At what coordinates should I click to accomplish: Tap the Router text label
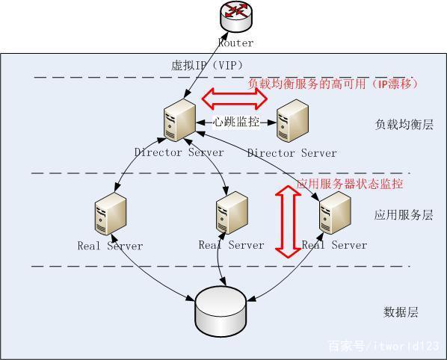point(235,43)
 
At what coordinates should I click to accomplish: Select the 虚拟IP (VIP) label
point(207,66)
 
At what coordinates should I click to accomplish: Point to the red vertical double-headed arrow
point(286,221)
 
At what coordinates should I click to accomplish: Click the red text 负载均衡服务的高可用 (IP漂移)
point(333,84)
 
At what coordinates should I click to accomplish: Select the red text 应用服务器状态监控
point(350,184)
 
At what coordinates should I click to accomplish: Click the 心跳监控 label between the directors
point(236,122)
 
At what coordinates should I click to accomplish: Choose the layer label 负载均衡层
point(404,125)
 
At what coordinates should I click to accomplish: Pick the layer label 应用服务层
point(404,215)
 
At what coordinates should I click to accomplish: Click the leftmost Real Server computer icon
point(109,214)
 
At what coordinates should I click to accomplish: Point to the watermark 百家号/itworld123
point(383,346)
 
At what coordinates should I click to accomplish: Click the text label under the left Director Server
point(179,152)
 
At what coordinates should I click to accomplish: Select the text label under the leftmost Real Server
point(110,245)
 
